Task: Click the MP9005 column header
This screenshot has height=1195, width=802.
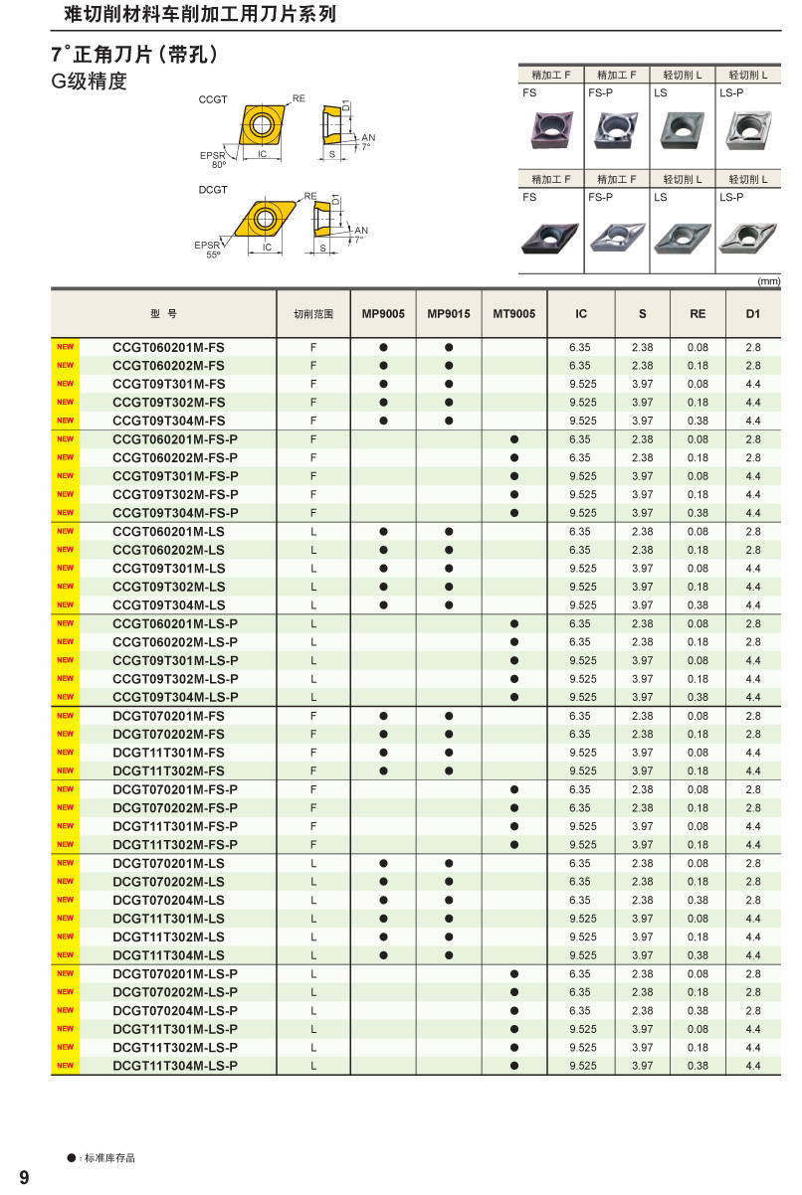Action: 383,314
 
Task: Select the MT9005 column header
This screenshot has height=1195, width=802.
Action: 514,314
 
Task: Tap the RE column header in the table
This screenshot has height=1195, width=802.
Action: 698,314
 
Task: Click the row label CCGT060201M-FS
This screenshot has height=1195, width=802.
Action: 169,347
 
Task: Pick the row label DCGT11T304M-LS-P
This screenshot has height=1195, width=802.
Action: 175,1066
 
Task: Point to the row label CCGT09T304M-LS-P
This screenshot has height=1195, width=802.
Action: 175,697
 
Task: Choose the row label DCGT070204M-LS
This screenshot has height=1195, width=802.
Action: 169,900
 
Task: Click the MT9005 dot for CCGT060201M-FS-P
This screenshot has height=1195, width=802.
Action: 514,439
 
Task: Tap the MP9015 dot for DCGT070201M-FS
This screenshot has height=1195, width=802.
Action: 449,716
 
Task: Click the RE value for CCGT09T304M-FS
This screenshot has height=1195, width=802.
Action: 698,421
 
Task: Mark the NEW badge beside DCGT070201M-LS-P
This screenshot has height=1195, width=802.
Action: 65,973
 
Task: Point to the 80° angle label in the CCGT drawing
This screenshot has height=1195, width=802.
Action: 218,165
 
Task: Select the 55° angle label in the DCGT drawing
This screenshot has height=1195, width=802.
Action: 213,256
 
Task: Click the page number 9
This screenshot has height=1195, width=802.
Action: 24,1178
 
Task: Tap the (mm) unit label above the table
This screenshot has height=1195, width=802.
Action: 768,281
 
